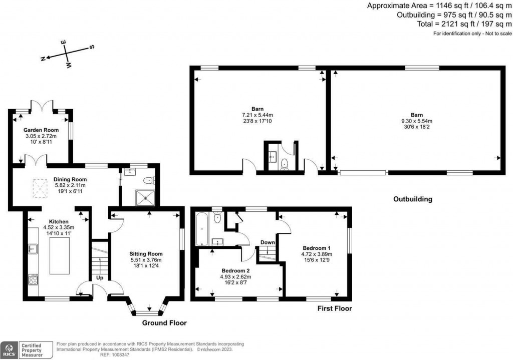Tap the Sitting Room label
[147, 254]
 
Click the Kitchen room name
[59, 221]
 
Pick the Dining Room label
[70, 179]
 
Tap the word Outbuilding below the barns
[412, 199]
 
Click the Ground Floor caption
[164, 323]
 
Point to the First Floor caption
[335, 308]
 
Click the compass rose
[68, 52]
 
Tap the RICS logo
[10, 348]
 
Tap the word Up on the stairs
[100, 277]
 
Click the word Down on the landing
[267, 243]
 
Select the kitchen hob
[34, 279]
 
